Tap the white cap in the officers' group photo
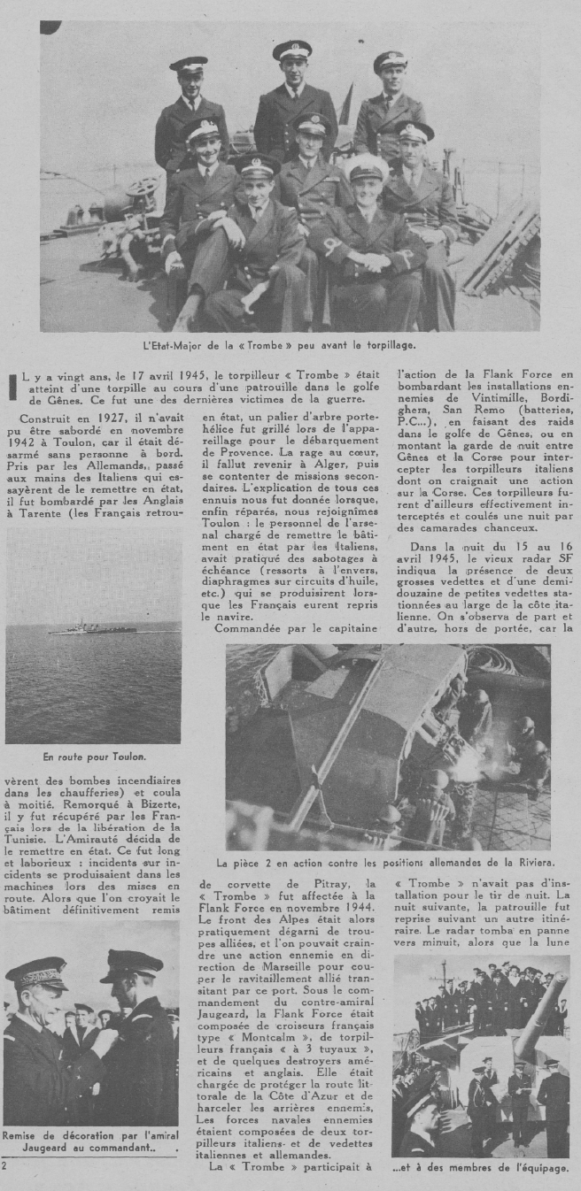tap(366, 165)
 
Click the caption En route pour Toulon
tap(82, 757)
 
